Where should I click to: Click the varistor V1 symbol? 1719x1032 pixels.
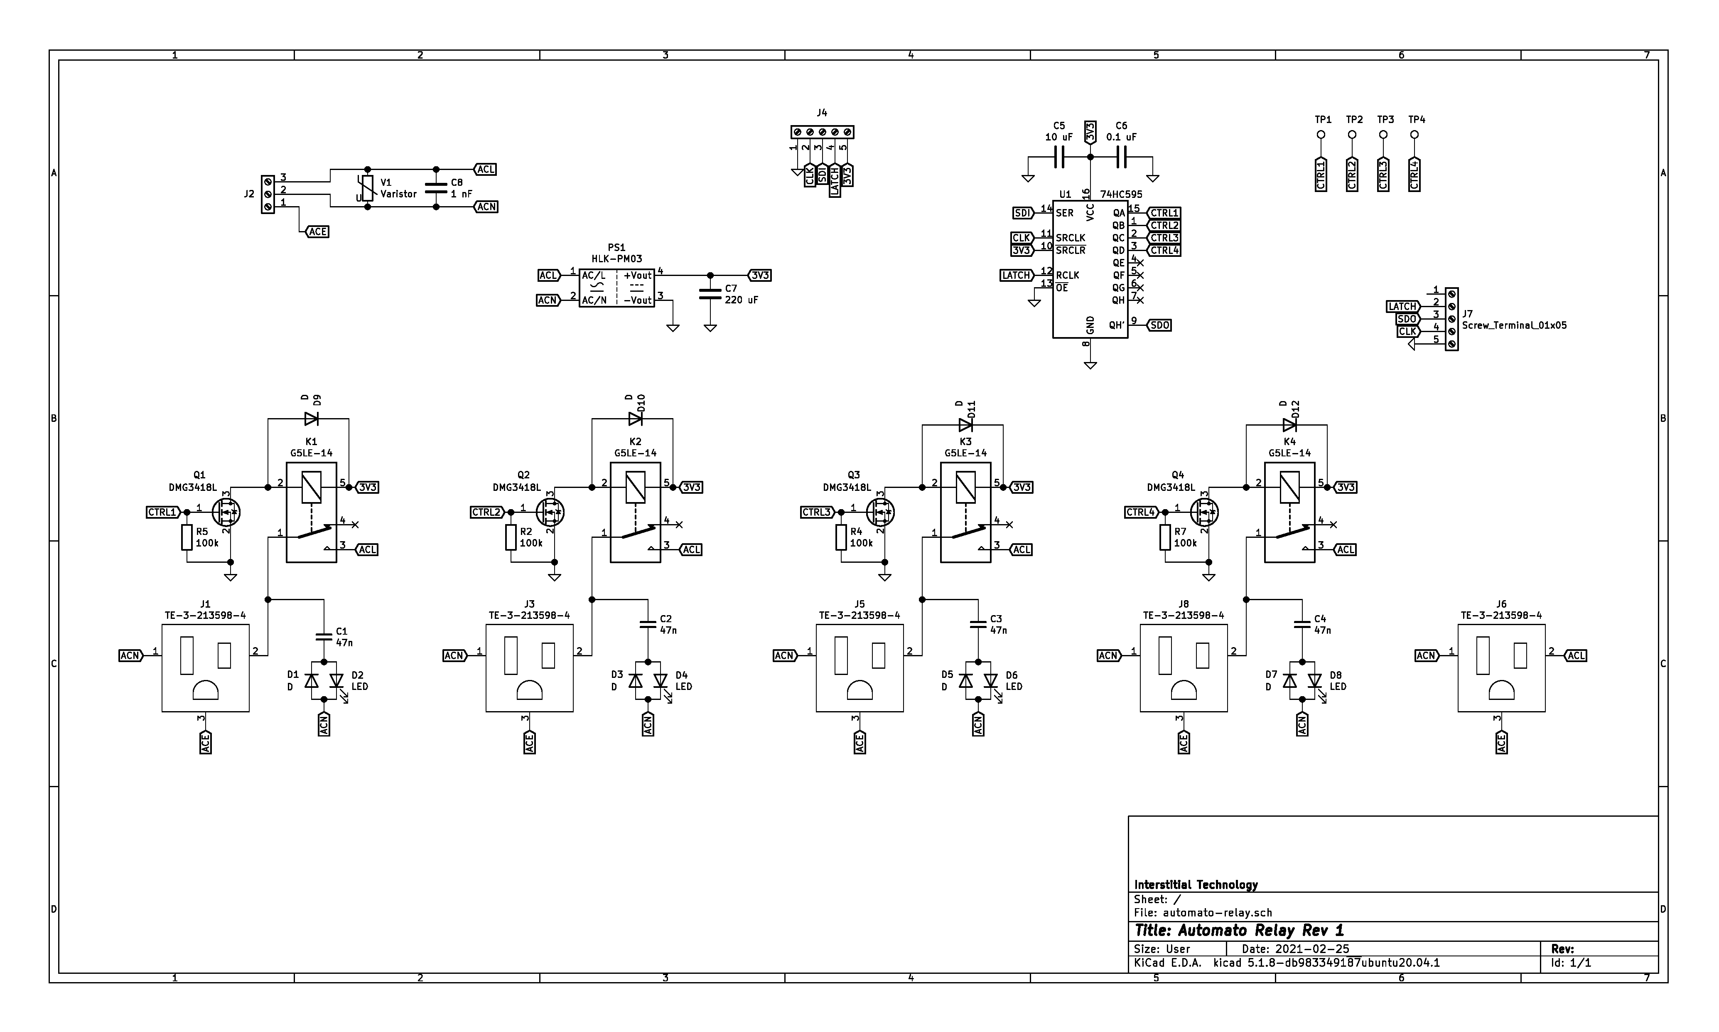pyautogui.click(x=367, y=188)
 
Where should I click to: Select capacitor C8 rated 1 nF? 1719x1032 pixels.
pyautogui.click(x=436, y=188)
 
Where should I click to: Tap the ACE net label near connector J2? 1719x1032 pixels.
pyautogui.click(x=317, y=232)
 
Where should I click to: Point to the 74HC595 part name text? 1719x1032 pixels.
pyautogui.click(x=1120, y=195)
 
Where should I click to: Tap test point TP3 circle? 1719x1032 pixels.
pyautogui.click(x=1383, y=135)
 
